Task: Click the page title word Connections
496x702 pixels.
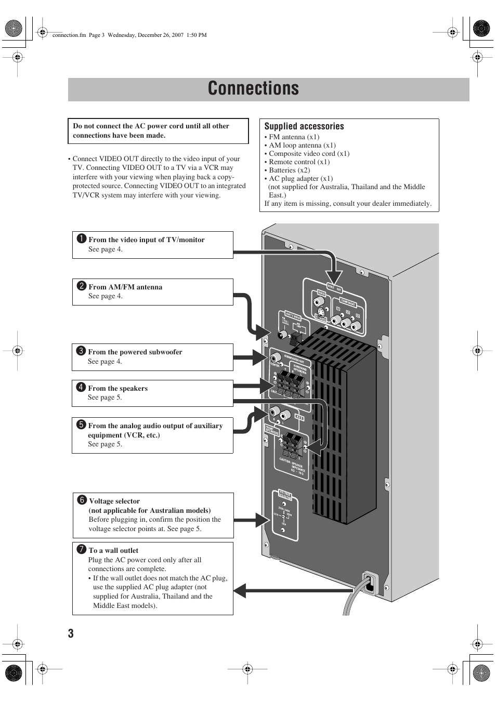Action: [253, 89]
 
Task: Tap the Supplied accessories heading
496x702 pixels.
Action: [304, 126]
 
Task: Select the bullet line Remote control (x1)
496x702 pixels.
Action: [299, 162]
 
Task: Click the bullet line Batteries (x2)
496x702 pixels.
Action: [289, 170]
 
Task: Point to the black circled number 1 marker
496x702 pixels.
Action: [82, 239]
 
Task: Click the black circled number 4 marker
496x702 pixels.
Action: [81, 388]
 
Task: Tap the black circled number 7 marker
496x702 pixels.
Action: [82, 550]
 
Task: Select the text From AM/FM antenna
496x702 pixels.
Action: [125, 287]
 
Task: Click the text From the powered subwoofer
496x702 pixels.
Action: [135, 352]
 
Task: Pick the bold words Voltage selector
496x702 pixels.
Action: [114, 501]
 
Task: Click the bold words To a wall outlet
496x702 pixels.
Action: [113, 550]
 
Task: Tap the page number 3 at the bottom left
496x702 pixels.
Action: [71, 633]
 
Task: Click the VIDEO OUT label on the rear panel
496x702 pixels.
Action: [334, 287]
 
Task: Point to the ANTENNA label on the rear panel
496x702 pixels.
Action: [293, 316]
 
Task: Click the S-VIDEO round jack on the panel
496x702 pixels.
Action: [321, 313]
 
